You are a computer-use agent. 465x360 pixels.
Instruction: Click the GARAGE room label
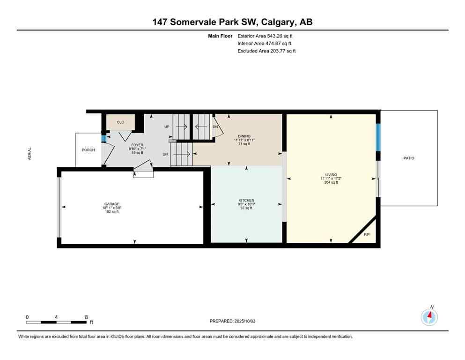coord(111,204)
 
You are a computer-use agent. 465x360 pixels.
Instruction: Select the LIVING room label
coord(331,174)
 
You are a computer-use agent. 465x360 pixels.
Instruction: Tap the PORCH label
coord(88,150)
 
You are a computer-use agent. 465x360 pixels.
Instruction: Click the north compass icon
coord(429,317)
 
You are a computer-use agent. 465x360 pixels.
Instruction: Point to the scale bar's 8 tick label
coord(86,317)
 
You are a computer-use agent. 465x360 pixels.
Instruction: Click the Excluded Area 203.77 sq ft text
coord(266,51)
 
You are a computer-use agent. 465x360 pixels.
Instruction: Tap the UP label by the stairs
coord(166,127)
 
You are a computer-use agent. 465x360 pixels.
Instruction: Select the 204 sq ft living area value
coord(331,183)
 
